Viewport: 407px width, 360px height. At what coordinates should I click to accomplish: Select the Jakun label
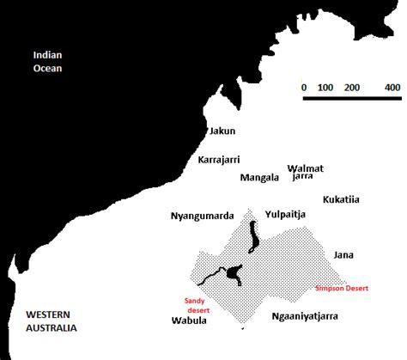pos(222,131)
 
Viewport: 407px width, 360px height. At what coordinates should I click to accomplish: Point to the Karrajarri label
pos(219,160)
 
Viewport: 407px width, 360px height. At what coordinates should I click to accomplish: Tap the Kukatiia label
pos(341,199)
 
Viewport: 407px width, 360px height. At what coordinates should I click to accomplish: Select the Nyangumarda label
pos(203,217)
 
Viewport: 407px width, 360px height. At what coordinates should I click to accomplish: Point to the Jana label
pos(343,255)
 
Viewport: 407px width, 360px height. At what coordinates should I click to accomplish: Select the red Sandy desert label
pos(197,306)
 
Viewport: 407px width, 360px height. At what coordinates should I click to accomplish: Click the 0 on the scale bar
pos(304,88)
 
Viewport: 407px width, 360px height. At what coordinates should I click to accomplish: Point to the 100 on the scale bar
pos(325,88)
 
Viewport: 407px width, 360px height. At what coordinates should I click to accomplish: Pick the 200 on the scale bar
pos(353,88)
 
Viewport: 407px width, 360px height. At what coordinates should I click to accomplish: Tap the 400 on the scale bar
pos(392,88)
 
